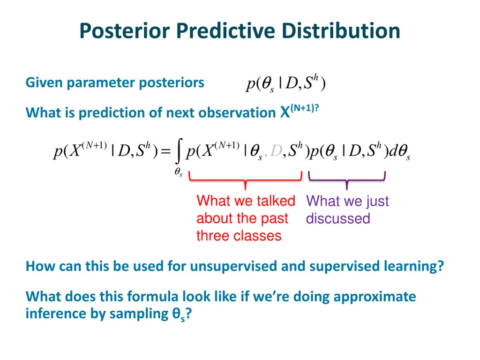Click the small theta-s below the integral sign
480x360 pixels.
[x=178, y=173]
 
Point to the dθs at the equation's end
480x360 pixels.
[x=400, y=152]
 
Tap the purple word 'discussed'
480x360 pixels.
[x=338, y=218]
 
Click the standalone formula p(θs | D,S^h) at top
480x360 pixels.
[x=285, y=84]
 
